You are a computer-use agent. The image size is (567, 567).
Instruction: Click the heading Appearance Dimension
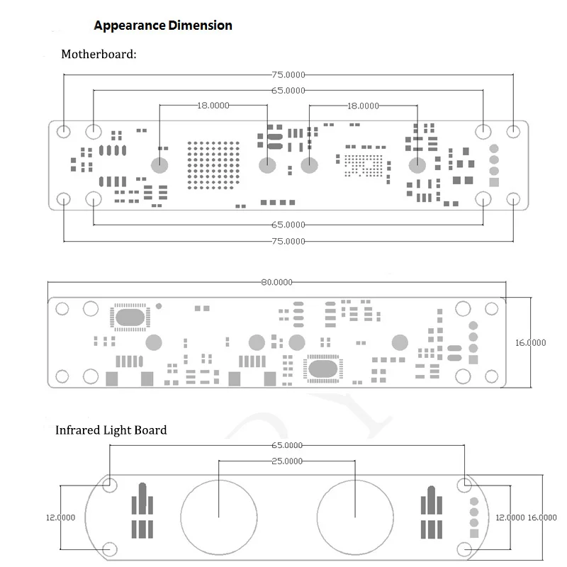pos(163,26)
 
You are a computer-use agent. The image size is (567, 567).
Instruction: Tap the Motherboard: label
pos(99,55)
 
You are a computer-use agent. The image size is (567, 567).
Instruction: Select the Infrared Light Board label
pos(111,430)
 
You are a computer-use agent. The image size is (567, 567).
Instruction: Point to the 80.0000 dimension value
pos(276,282)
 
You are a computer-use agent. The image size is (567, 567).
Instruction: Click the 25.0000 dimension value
pos(287,461)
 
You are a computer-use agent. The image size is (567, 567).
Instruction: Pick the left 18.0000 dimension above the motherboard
pos(213,106)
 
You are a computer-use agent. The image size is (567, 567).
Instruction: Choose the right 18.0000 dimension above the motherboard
pos(363,106)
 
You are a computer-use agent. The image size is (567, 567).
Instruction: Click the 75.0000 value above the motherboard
pos(288,75)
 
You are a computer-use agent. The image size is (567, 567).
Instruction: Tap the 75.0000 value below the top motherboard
pos(288,241)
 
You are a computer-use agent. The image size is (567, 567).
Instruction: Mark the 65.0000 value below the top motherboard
pos(288,225)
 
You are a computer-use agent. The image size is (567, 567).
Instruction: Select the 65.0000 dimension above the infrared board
pos(287,445)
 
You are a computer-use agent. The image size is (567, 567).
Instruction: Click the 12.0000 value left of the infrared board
pos(60,517)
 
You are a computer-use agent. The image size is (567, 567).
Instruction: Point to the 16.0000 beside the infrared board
pos(541,517)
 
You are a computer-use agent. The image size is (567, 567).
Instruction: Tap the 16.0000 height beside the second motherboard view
pos(530,342)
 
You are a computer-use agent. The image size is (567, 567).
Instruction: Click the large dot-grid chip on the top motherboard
pos(213,165)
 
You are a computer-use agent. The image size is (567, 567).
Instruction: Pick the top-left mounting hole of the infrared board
pos(110,485)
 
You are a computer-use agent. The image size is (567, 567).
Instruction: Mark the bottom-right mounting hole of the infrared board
pos(464,549)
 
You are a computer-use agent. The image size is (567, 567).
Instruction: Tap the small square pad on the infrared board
pos(474,534)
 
